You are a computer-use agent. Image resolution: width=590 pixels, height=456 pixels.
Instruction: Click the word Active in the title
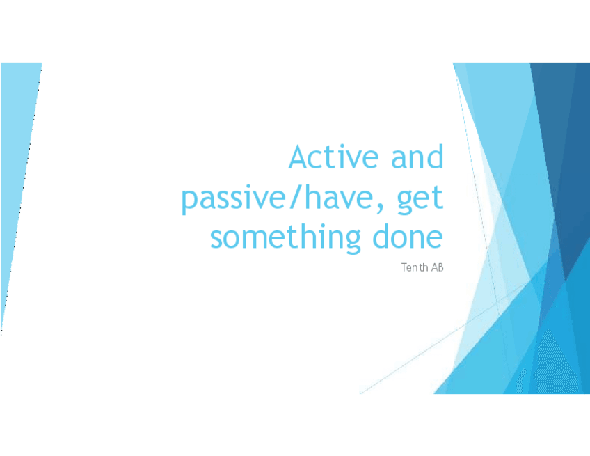pos(333,156)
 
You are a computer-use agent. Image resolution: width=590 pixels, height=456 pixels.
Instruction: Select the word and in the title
pos(417,156)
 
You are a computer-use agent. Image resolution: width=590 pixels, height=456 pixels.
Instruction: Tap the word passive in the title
pos(234,199)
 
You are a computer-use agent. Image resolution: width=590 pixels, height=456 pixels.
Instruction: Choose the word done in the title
pos(408,236)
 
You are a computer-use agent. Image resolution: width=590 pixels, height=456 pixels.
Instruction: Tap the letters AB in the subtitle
pos(437,267)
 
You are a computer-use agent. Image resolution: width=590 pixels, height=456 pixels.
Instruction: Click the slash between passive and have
pos(295,197)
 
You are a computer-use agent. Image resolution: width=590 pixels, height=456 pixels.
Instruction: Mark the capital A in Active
pos(298,157)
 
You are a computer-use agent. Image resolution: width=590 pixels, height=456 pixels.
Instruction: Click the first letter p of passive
pos(190,201)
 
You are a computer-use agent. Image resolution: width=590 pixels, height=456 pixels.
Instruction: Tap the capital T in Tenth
pos(404,267)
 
